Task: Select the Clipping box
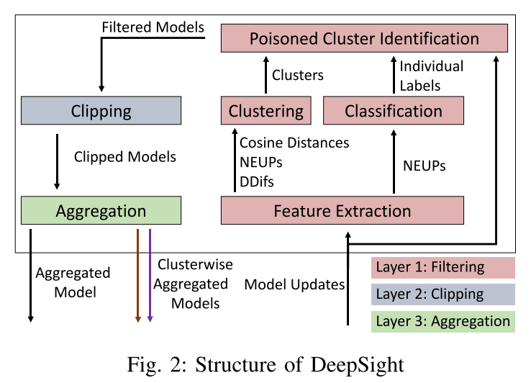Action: (x=101, y=111)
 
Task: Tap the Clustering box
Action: (x=265, y=111)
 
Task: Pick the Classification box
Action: (x=393, y=111)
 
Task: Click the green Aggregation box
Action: (x=101, y=211)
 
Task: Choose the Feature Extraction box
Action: (x=342, y=211)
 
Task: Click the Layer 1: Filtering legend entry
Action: (x=443, y=268)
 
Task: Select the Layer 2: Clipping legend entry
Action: (x=443, y=294)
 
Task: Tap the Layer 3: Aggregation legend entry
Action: (x=443, y=321)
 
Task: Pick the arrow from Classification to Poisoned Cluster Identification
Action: (x=394, y=75)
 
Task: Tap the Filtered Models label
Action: (x=153, y=28)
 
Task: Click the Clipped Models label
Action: (x=125, y=156)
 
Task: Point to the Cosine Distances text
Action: (x=294, y=143)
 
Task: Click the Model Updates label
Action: (x=295, y=284)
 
